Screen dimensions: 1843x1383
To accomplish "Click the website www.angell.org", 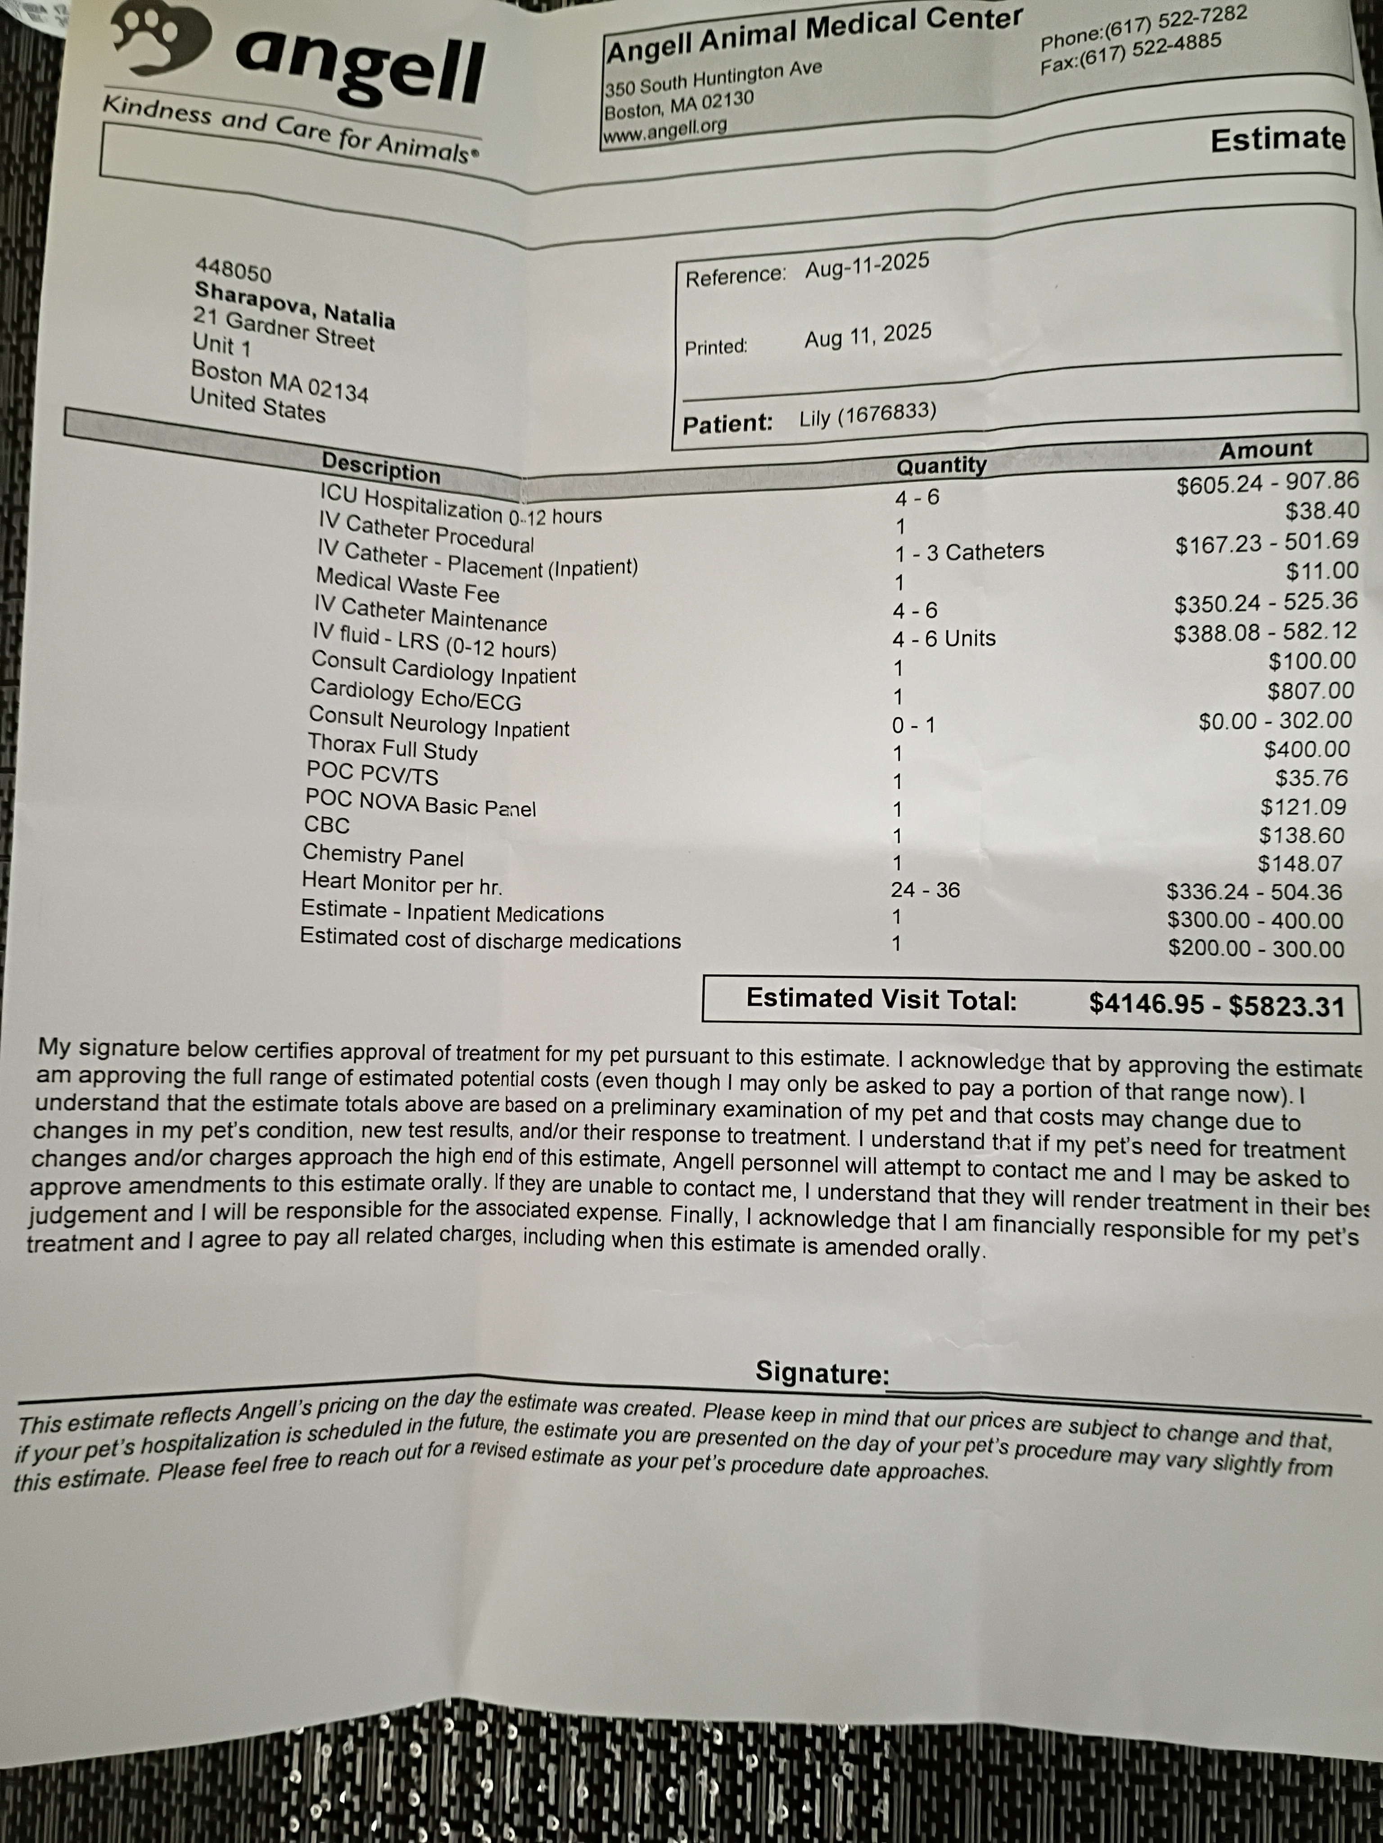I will pos(664,130).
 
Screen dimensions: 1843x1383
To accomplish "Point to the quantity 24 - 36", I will pos(925,890).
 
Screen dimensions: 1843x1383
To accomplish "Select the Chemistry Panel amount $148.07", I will pos(1300,863).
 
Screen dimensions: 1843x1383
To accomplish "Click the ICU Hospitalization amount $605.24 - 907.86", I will pos(1267,482).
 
